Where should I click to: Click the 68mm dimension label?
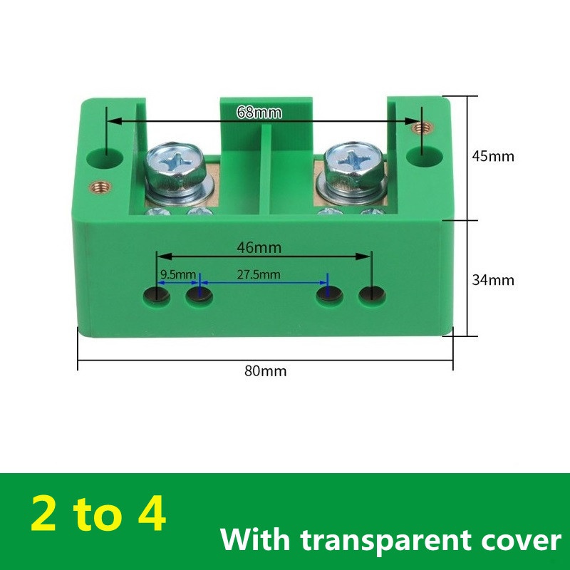pyautogui.click(x=259, y=113)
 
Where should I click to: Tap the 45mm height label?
pyautogui.click(x=492, y=156)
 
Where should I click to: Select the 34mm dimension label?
pyautogui.click(x=492, y=280)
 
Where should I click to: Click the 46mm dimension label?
pyautogui.click(x=261, y=247)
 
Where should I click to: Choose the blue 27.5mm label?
pyautogui.click(x=259, y=274)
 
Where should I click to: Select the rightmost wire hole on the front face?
pyautogui.click(x=370, y=294)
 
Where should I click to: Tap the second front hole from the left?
pyautogui.click(x=199, y=295)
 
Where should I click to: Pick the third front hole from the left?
pyautogui.click(x=328, y=294)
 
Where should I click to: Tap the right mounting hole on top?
pyautogui.click(x=420, y=153)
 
